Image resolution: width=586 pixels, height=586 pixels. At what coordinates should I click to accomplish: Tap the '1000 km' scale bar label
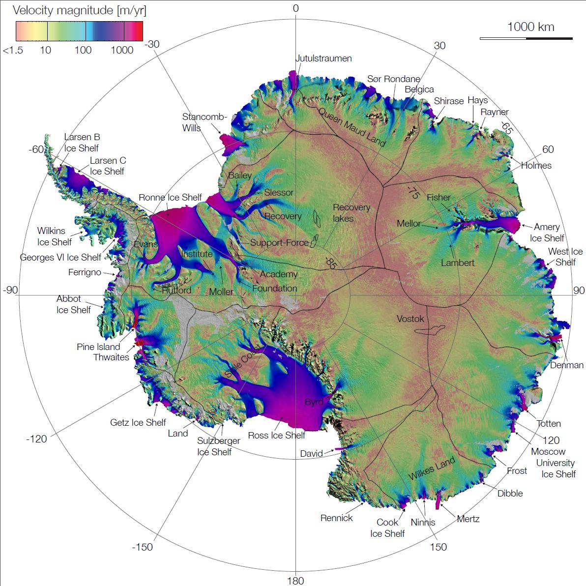pyautogui.click(x=530, y=27)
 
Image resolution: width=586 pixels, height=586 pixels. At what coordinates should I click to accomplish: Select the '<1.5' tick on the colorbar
pyautogui.click(x=12, y=50)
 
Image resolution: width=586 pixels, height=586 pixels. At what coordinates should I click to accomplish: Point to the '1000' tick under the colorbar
pyautogui.click(x=122, y=50)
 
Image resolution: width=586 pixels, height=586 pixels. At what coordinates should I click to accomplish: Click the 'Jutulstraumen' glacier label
pyautogui.click(x=323, y=59)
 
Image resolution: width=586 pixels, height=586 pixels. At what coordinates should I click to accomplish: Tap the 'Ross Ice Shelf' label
pyautogui.click(x=276, y=435)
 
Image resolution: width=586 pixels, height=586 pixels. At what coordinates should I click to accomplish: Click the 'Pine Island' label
pyautogui.click(x=98, y=347)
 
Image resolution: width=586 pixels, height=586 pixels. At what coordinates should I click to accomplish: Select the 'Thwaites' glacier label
pyautogui.click(x=111, y=357)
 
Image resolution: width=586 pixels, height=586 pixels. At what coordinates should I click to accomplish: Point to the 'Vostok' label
pyautogui.click(x=410, y=319)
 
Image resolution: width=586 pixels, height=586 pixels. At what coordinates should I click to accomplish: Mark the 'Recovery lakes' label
pyautogui.click(x=351, y=212)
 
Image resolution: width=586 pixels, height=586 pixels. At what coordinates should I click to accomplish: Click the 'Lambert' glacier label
pyautogui.click(x=457, y=263)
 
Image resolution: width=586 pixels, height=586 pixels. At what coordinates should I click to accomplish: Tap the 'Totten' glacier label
pyautogui.click(x=548, y=423)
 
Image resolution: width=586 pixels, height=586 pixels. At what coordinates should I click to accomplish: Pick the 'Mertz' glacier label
pyautogui.click(x=468, y=519)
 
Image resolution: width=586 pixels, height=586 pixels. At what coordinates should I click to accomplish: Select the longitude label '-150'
pyautogui.click(x=142, y=547)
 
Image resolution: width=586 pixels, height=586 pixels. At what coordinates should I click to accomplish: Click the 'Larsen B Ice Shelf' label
pyautogui.click(x=82, y=143)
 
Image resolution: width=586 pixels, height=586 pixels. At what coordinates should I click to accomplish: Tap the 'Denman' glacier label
pyautogui.click(x=566, y=365)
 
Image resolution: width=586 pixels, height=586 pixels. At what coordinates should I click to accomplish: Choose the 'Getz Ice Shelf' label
pyautogui.click(x=138, y=422)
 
